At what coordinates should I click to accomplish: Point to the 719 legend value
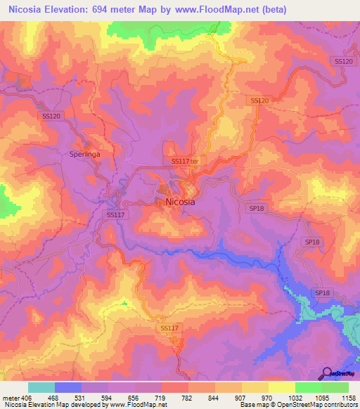click(161, 398)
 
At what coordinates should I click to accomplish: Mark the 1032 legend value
click(295, 398)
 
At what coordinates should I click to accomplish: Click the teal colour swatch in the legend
click(41, 387)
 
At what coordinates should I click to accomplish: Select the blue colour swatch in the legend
click(67, 387)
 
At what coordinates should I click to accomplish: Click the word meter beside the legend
click(11, 398)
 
